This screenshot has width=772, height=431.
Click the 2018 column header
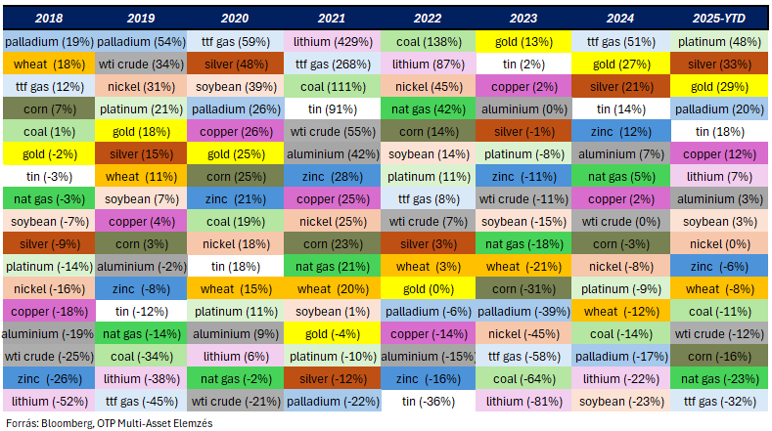point(49,19)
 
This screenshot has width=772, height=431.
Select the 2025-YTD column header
point(719,19)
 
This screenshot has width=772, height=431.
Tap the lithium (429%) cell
point(333,42)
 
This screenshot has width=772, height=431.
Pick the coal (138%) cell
point(428,42)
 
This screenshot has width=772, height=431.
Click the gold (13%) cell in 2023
point(523,42)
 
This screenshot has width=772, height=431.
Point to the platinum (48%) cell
point(719,42)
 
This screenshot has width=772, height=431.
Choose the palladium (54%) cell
point(141,42)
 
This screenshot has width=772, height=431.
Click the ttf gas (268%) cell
point(333,65)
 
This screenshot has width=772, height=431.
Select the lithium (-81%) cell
point(523,402)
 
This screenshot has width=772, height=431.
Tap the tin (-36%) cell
point(428,402)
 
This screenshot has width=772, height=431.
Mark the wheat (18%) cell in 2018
point(49,65)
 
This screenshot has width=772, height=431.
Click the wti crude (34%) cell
point(141,65)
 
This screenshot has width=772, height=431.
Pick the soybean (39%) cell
point(236,87)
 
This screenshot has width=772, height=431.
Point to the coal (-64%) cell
point(523,379)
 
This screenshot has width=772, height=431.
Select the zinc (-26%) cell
point(49,379)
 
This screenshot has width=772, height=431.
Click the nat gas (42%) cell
point(428,109)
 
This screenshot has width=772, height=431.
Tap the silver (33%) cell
point(719,65)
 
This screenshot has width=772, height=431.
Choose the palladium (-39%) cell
point(523,312)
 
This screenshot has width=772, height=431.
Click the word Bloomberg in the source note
point(67,423)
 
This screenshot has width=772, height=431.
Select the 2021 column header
point(333,19)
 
